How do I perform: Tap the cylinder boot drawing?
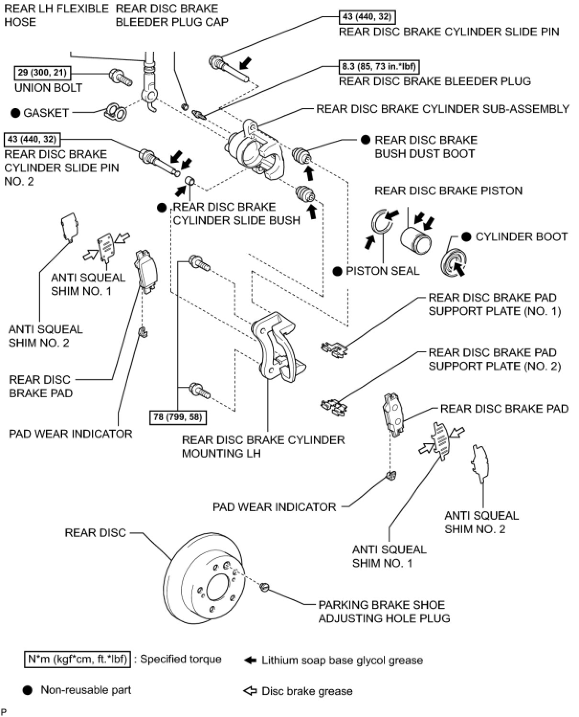tap(453, 263)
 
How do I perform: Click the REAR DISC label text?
tap(95, 533)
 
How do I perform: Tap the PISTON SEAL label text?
tap(382, 271)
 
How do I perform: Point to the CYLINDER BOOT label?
tap(521, 236)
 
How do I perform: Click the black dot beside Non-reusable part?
tap(28, 690)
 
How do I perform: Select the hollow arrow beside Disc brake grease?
tap(250, 691)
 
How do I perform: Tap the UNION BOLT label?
tap(48, 88)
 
